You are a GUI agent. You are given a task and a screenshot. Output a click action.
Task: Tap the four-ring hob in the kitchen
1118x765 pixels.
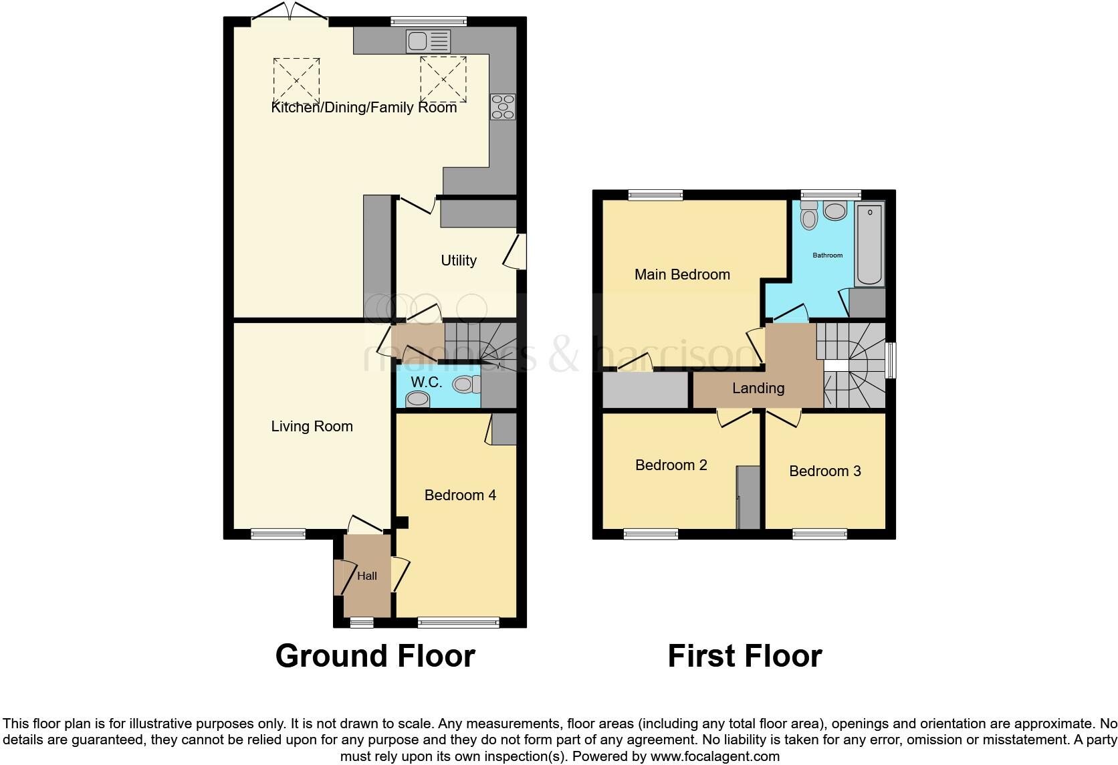(503, 107)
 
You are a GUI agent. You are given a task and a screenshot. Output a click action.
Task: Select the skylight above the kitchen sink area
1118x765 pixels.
(443, 79)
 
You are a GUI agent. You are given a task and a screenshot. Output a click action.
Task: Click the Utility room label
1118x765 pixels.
(459, 261)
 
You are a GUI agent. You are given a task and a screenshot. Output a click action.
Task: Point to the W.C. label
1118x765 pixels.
(426, 382)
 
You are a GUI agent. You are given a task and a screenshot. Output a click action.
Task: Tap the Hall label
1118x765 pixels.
(367, 576)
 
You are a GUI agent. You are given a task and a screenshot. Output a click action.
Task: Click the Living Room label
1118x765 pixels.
(312, 427)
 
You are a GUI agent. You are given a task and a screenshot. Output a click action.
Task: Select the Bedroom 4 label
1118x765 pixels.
(460, 496)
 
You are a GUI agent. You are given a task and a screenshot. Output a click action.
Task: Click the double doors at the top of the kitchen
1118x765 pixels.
(290, 13)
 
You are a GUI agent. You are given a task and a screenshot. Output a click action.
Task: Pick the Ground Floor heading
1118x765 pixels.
(375, 656)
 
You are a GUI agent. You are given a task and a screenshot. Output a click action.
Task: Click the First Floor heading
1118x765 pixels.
(744, 656)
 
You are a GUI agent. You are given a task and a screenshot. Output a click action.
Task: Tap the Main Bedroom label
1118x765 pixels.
(682, 275)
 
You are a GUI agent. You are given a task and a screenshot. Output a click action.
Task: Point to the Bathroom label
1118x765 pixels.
(827, 255)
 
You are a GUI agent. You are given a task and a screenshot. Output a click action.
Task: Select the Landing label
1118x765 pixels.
(758, 389)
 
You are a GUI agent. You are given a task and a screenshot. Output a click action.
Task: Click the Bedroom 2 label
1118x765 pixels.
(671, 465)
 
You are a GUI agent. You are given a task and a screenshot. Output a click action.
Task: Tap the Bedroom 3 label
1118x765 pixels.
(824, 471)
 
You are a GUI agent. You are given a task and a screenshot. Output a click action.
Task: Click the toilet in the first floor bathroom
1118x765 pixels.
(809, 216)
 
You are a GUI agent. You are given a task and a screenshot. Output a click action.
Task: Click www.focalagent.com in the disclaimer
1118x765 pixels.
(715, 757)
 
